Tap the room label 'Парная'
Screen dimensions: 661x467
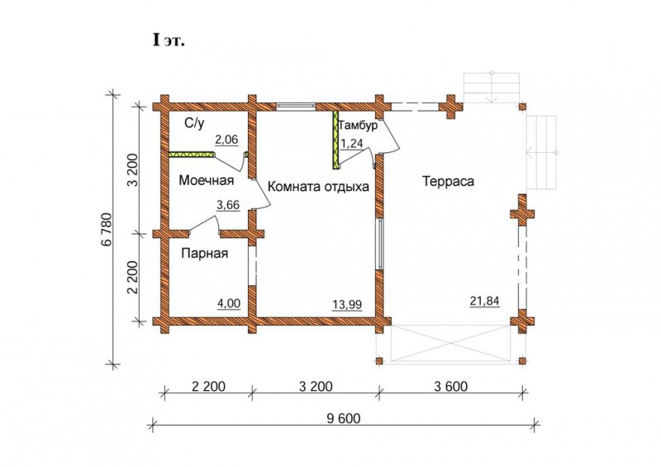coord(204,253)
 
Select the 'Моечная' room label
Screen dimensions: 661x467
coord(206,180)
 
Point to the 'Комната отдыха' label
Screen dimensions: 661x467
coord(318,187)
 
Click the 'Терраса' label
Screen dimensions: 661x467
coord(448,181)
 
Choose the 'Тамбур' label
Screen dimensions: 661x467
coord(358,126)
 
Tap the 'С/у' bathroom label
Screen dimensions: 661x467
coord(194,123)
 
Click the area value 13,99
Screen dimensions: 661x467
coord(347,305)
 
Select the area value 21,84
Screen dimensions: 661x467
coord(484,301)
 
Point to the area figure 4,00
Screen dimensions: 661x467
coord(229,303)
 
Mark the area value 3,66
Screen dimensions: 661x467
coord(228,205)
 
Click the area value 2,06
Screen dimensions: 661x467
coord(226,140)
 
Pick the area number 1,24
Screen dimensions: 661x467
coord(352,144)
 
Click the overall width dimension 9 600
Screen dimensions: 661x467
coord(344,418)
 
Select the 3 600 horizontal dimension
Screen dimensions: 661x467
coord(450,386)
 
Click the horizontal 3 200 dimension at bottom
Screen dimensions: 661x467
coord(316,386)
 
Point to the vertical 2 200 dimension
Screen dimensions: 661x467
coord(133,277)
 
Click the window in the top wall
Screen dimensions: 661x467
coord(296,107)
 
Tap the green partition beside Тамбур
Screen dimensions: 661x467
coord(336,140)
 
